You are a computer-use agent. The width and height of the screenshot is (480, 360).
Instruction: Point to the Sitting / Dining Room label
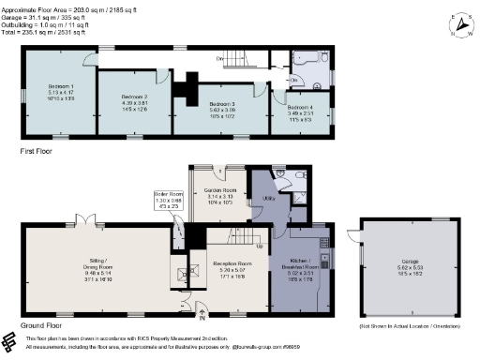pos(82,264)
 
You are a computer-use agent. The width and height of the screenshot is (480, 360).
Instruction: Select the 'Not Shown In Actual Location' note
pos(410,327)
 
